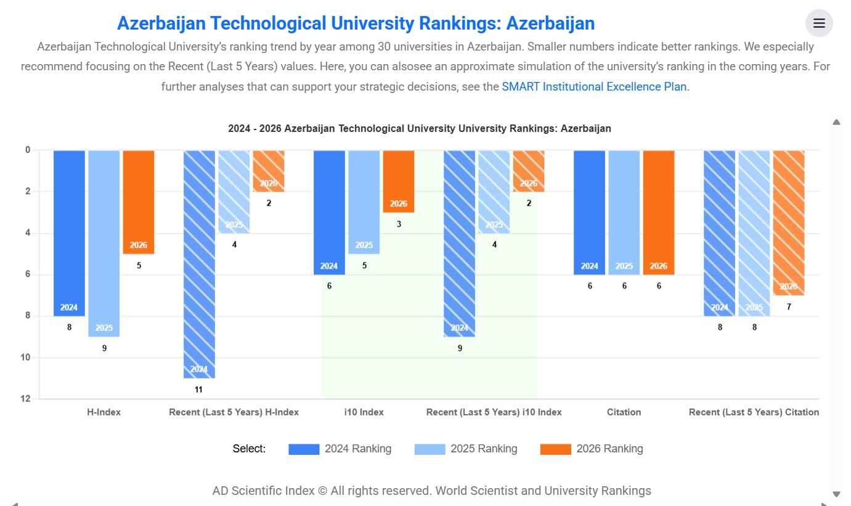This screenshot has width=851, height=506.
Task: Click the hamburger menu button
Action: point(819,23)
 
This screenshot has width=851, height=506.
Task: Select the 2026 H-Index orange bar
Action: point(139,202)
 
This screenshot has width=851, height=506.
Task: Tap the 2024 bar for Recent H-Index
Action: point(199,264)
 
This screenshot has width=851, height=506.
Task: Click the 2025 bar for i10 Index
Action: point(364,202)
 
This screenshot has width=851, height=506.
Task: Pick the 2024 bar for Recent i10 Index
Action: point(460,243)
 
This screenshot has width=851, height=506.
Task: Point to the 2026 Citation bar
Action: point(659,213)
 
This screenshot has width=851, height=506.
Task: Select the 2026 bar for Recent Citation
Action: point(789,223)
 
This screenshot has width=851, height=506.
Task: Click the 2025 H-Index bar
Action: point(104,243)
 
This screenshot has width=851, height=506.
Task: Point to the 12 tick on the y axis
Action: point(26,399)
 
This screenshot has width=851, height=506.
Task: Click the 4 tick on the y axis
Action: point(28,233)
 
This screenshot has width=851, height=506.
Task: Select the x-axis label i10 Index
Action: point(364,412)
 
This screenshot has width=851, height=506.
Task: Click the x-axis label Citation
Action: point(624,412)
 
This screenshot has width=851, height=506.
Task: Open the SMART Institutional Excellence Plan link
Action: point(594,87)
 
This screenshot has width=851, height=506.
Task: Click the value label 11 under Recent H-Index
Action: point(199,390)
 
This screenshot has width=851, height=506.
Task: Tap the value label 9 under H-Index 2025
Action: point(104,348)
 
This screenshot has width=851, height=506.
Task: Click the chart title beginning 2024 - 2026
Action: point(420,129)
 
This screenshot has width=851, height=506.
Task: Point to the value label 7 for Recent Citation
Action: point(789,307)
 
